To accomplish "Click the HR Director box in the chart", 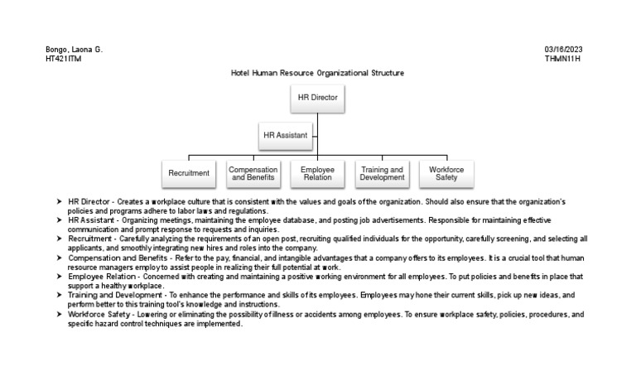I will click(318, 98).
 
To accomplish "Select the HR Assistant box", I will click(285, 135).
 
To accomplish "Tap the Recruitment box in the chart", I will click(189, 173).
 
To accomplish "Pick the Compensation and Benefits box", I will click(253, 173).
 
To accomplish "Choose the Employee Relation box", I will click(317, 173).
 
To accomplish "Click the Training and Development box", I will click(382, 173).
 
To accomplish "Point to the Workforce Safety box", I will click(446, 173).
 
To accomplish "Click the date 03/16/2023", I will click(563, 50).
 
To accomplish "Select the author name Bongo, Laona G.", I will click(74, 50).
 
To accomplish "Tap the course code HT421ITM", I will click(65, 59).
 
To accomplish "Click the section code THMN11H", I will click(564, 59).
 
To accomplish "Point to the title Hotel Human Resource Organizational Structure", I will click(317, 73).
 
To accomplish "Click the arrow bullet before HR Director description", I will click(59, 202).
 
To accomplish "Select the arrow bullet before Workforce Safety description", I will click(59, 315).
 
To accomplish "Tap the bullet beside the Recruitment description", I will click(59, 239).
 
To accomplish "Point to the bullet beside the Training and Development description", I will click(59, 295).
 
